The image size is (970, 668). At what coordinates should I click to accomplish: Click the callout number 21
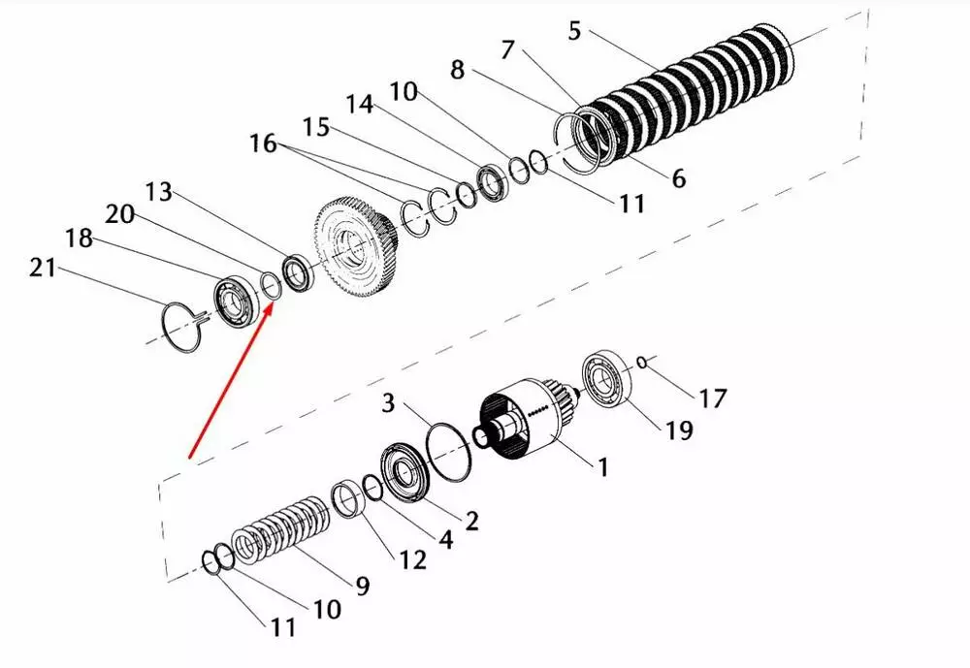click(x=42, y=268)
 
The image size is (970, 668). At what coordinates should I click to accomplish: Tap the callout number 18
click(x=80, y=239)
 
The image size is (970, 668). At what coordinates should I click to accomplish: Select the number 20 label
click(x=120, y=214)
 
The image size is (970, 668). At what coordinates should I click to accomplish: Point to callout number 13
click(x=158, y=192)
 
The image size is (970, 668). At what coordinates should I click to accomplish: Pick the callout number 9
click(x=363, y=586)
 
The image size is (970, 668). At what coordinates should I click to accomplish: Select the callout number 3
click(x=388, y=402)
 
